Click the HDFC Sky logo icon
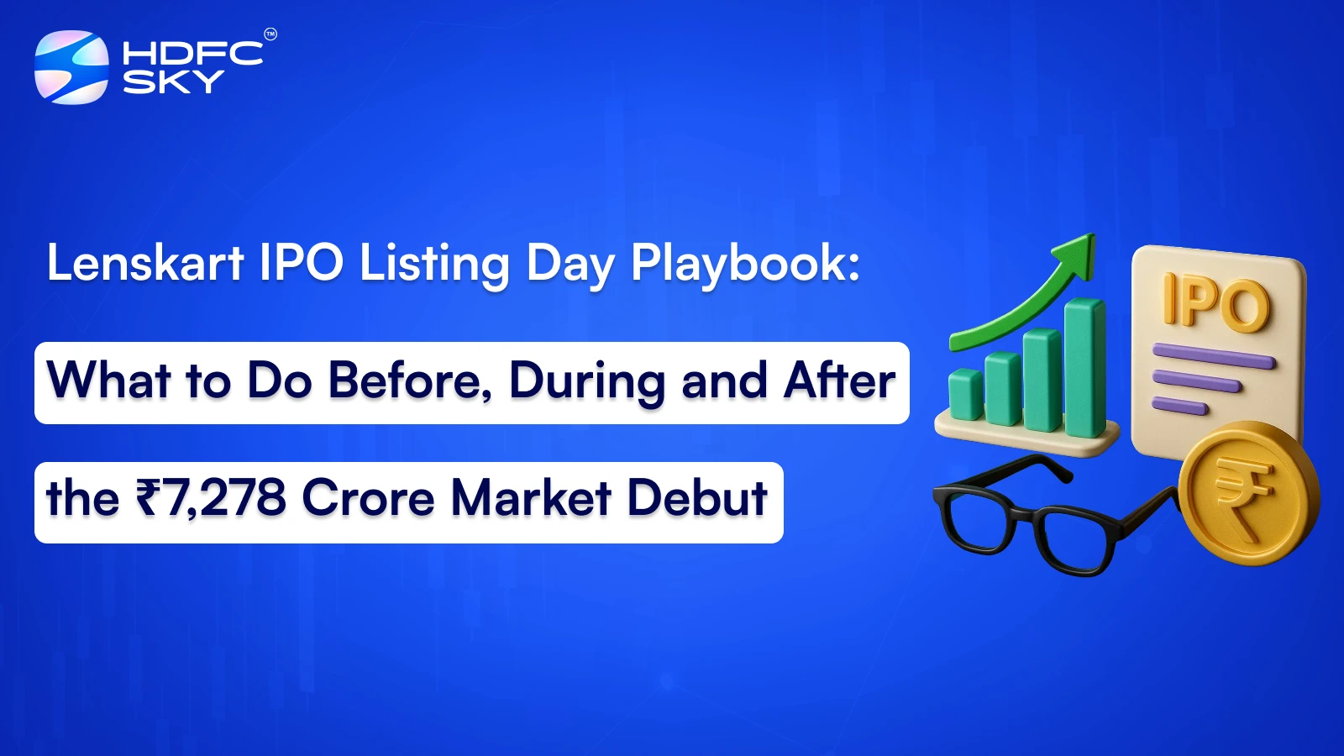tap(71, 67)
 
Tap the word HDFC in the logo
tap(192, 53)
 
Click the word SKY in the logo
tap(173, 81)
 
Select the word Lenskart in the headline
tap(144, 263)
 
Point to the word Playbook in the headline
tap(744, 264)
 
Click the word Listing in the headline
tap(433, 264)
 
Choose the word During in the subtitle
tap(587, 381)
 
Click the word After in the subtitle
tap(839, 381)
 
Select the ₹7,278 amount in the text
tap(211, 498)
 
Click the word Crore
tap(368, 498)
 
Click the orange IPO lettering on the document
tap(1215, 302)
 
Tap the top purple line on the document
tap(1213, 356)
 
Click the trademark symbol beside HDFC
tap(270, 34)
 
